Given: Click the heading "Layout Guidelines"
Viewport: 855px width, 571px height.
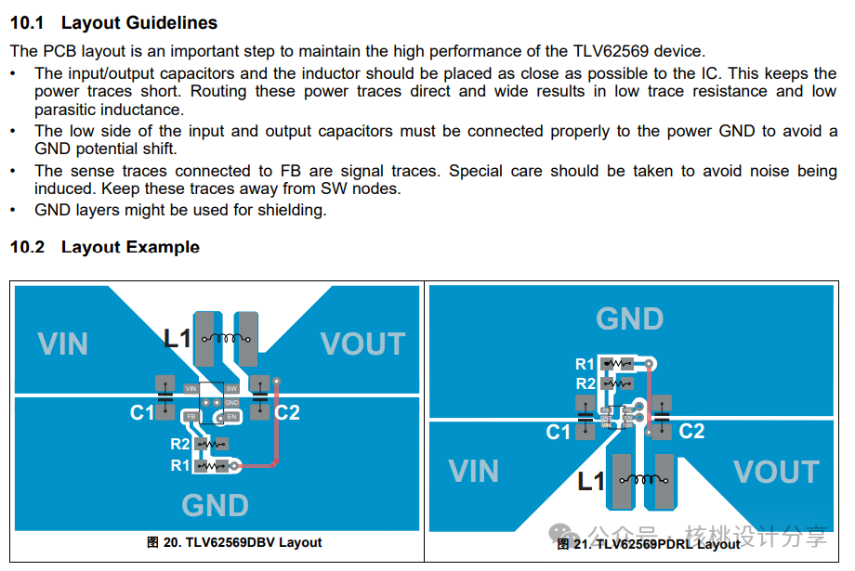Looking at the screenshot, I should [139, 23].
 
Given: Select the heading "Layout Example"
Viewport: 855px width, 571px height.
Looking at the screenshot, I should [130, 247].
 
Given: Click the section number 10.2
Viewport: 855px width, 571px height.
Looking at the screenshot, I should [27, 247].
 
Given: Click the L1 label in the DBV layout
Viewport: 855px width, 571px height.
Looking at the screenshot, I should [178, 339].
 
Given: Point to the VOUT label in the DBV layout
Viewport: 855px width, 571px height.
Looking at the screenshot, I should [362, 344].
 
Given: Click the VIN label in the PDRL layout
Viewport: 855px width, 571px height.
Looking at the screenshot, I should [473, 472].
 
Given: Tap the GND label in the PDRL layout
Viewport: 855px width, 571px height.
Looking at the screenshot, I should [629, 319].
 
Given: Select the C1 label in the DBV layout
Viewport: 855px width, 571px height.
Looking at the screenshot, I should [142, 412].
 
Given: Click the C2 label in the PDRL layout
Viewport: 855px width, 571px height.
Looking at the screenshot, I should [691, 431].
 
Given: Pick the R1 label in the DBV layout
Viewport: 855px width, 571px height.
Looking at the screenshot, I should [180, 465].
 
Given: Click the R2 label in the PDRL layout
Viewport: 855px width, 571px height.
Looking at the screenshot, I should [585, 383].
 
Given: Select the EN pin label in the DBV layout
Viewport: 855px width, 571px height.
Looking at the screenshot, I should [232, 418].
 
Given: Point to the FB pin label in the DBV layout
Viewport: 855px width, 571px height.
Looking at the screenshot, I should [191, 418].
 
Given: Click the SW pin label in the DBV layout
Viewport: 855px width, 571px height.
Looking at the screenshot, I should [231, 388].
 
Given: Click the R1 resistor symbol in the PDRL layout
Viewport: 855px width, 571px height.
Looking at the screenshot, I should [615, 364].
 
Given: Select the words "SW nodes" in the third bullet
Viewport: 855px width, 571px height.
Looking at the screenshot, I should [362, 188].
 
